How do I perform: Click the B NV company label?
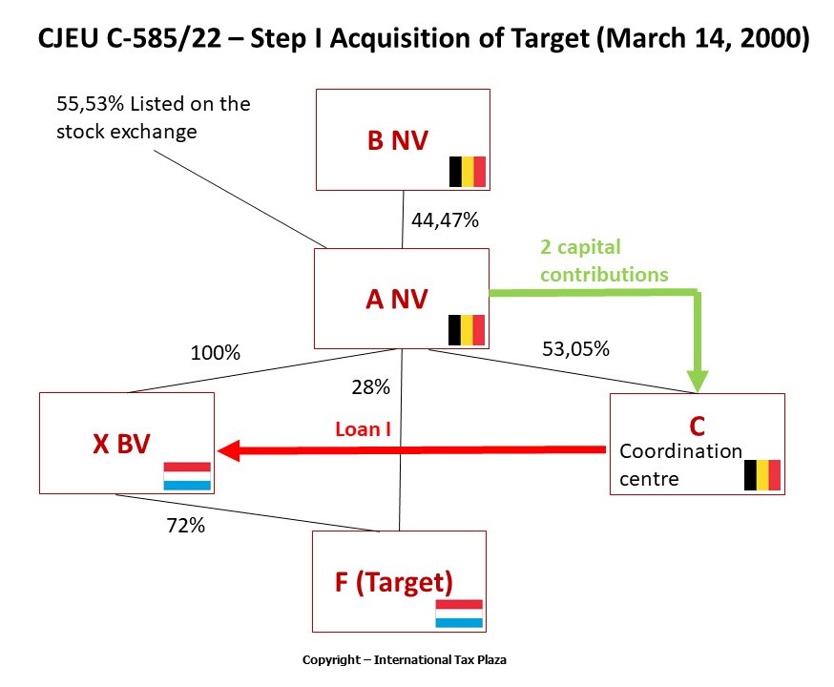point(398,141)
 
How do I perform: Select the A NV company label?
point(398,300)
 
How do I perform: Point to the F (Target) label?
point(393,581)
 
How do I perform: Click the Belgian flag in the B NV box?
point(468,172)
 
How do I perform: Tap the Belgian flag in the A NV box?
point(468,330)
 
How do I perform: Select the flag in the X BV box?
point(187,476)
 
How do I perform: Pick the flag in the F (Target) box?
point(459,614)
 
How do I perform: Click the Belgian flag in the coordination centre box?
point(762,474)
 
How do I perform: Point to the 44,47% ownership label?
point(445,220)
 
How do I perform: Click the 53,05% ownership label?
point(575,348)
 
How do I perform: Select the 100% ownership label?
point(215,353)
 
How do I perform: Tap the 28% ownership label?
point(370,387)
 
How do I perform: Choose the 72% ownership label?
point(184,525)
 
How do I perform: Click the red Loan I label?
point(363,429)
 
